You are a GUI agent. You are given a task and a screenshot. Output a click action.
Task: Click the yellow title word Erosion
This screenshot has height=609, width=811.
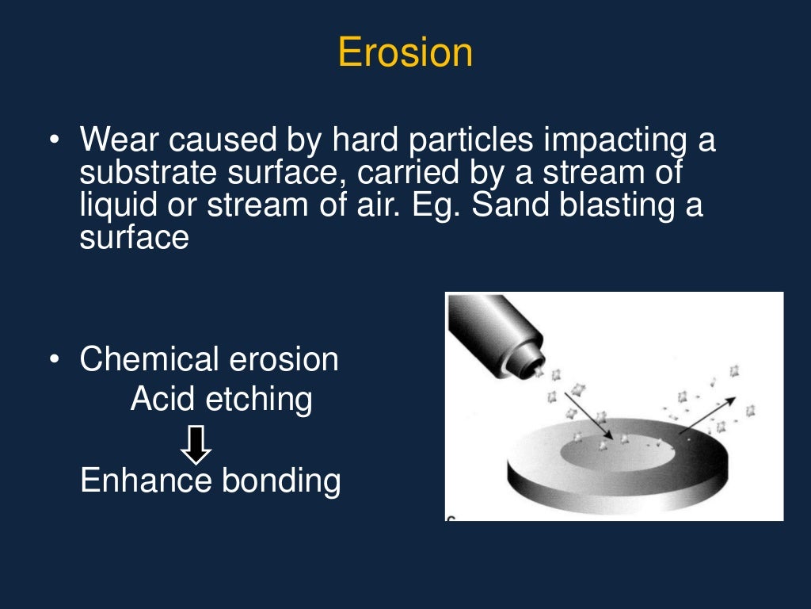click(x=405, y=52)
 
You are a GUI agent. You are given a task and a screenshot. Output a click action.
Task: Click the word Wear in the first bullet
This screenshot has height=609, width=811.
click(x=112, y=140)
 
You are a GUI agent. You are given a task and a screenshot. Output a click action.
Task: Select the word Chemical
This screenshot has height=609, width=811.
click(x=149, y=359)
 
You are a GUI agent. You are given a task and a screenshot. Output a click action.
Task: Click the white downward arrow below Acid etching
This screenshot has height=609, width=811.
click(x=196, y=445)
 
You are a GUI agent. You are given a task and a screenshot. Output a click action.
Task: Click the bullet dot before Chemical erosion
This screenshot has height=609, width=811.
click(x=53, y=360)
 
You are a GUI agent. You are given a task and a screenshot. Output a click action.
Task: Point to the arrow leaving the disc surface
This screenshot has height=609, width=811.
click(x=706, y=415)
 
